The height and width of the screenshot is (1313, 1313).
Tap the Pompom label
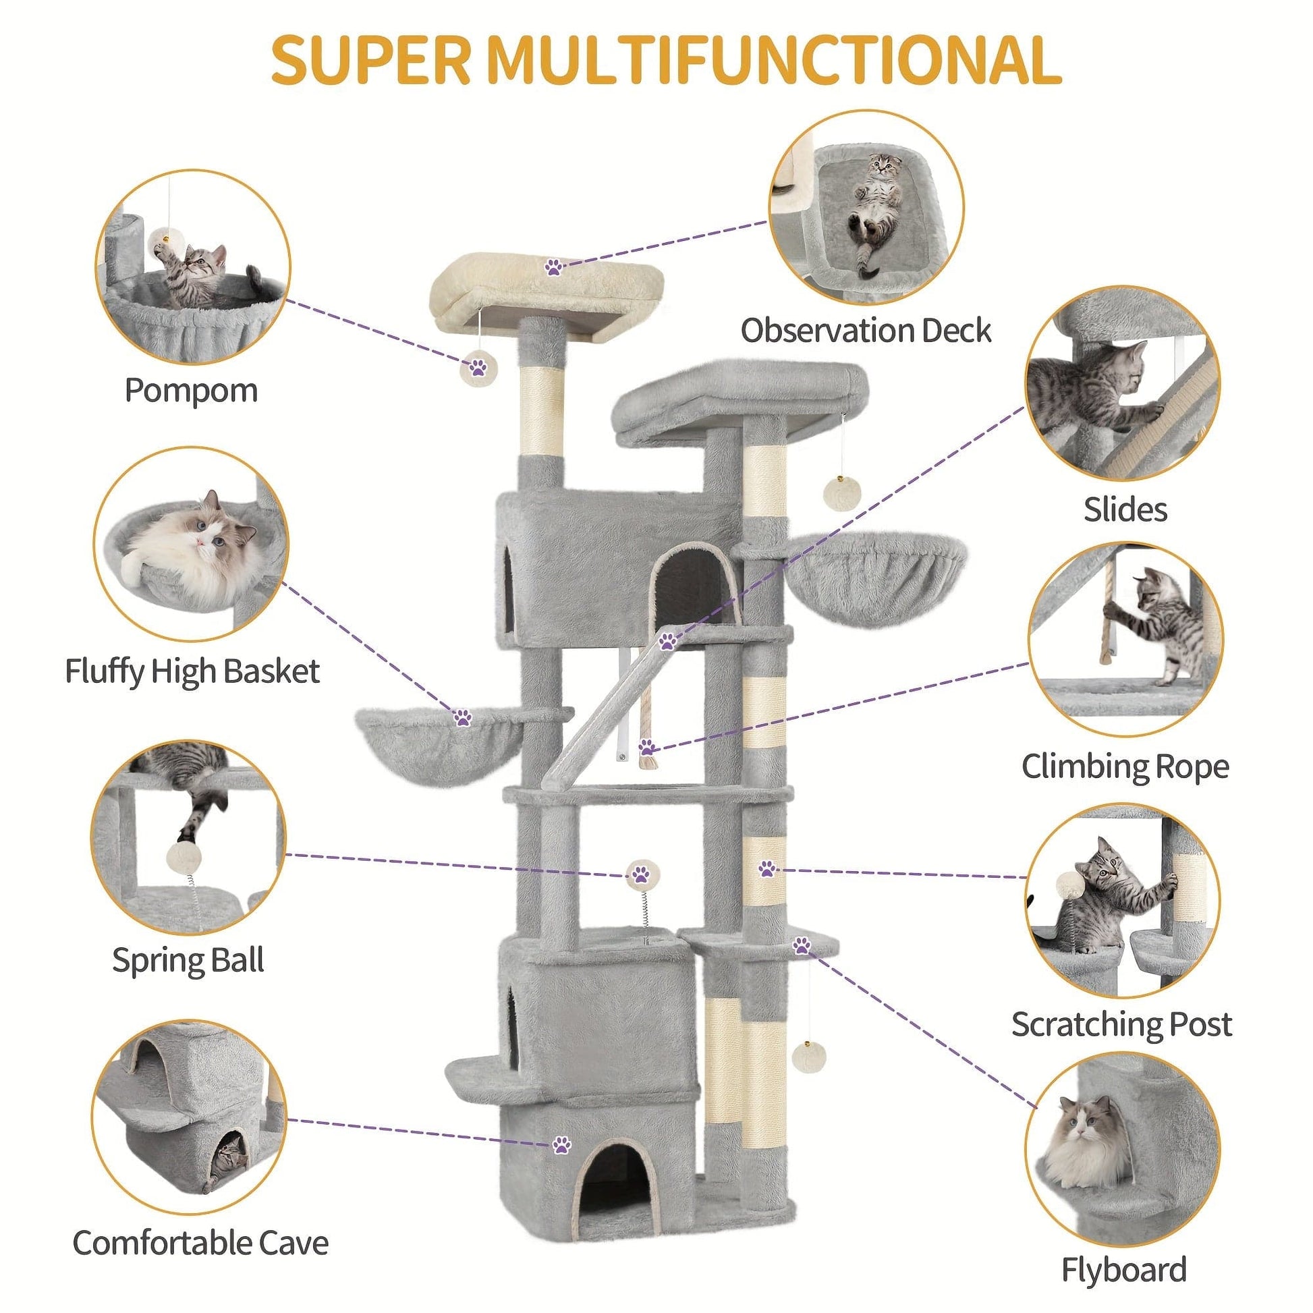[191, 390]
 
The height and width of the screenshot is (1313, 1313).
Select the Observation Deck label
[866, 331]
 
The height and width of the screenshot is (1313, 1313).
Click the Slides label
[1125, 509]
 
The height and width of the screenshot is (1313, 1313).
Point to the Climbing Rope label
[1125, 766]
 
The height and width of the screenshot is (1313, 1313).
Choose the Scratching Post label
[1121, 1024]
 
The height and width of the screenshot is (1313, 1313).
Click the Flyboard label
[1124, 1270]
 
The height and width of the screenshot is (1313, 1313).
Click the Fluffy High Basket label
[192, 671]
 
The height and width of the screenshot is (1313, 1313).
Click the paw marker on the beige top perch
[554, 267]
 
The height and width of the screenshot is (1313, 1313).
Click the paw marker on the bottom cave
[561, 1145]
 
